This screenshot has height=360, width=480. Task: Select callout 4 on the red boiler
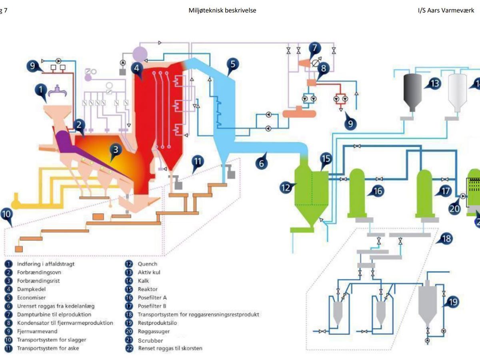tap(137, 68)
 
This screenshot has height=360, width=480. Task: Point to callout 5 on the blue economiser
tap(233, 64)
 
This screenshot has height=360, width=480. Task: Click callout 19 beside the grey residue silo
tap(452, 302)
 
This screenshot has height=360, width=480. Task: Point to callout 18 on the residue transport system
tap(447, 239)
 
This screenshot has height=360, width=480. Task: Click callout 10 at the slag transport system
tap(6, 214)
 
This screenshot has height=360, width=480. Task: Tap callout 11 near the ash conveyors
tap(197, 162)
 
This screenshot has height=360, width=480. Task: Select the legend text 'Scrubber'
tap(150, 340)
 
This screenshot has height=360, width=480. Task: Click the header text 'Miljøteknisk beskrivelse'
tap(222, 11)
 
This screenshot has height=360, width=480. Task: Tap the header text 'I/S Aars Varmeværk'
tap(445, 11)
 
